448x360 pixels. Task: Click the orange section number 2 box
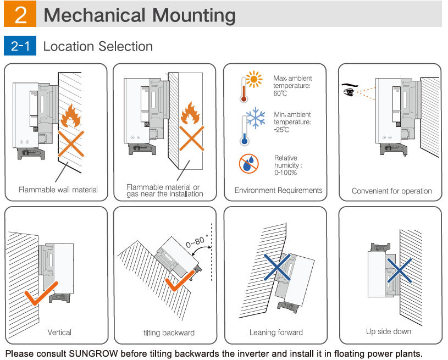tap(20, 15)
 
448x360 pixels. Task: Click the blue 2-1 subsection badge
tap(20, 46)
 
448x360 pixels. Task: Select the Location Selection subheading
tap(98, 46)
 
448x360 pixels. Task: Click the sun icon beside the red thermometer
tap(253, 81)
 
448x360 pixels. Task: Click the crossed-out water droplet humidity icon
tap(248, 163)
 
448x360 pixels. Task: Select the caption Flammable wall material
tap(58, 190)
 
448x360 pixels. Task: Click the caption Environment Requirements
tap(278, 190)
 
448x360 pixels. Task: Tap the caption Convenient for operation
tap(391, 191)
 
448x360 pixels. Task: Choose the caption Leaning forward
tap(275, 332)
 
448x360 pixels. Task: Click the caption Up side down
tap(388, 331)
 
